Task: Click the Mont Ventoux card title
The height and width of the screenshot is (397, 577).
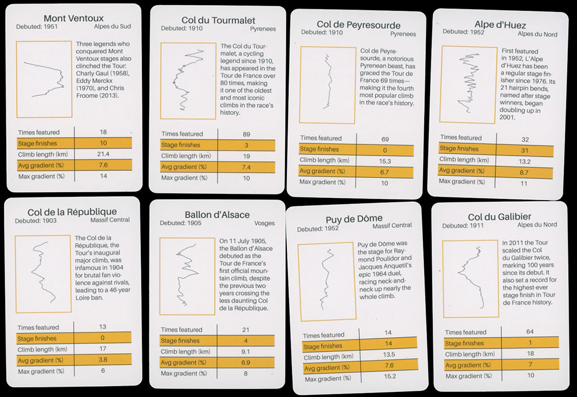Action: pyautogui.click(x=74, y=18)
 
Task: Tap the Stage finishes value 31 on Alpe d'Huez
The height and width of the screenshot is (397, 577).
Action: pyautogui.click(x=525, y=150)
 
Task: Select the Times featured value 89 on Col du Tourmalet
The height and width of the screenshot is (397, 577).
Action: pyautogui.click(x=246, y=134)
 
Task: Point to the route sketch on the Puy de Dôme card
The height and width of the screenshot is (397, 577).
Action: pyautogui.click(x=325, y=279)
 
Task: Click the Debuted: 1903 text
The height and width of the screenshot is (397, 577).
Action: pyautogui.click(x=35, y=220)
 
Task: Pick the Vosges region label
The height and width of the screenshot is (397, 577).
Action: pyautogui.click(x=264, y=223)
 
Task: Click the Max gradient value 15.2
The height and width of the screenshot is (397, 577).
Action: pyautogui.click(x=390, y=376)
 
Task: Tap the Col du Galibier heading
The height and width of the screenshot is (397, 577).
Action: pyautogui.click(x=499, y=217)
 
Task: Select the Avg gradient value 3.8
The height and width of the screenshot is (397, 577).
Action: pyautogui.click(x=103, y=359)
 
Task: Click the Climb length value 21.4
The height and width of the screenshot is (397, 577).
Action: pyautogui.click(x=103, y=154)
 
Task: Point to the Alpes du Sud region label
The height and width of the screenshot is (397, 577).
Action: pyautogui.click(x=112, y=27)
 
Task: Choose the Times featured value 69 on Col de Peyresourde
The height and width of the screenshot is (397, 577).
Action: pyautogui.click(x=385, y=139)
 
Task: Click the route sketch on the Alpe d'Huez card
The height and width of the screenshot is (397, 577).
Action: pyautogui.click(x=468, y=83)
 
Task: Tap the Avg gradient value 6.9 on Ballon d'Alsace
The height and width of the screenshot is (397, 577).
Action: pyautogui.click(x=246, y=363)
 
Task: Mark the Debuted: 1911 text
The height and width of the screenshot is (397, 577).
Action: pyautogui.click(x=463, y=226)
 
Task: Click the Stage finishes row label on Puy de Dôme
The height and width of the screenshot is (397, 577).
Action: pyautogui.click(x=322, y=346)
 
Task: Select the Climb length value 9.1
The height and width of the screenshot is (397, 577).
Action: pyautogui.click(x=246, y=352)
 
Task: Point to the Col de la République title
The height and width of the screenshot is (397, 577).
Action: pyautogui.click(x=72, y=212)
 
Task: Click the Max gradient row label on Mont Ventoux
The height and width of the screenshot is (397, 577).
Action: pyautogui.click(x=41, y=177)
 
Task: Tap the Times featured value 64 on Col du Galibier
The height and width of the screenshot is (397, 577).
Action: pyautogui.click(x=530, y=332)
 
